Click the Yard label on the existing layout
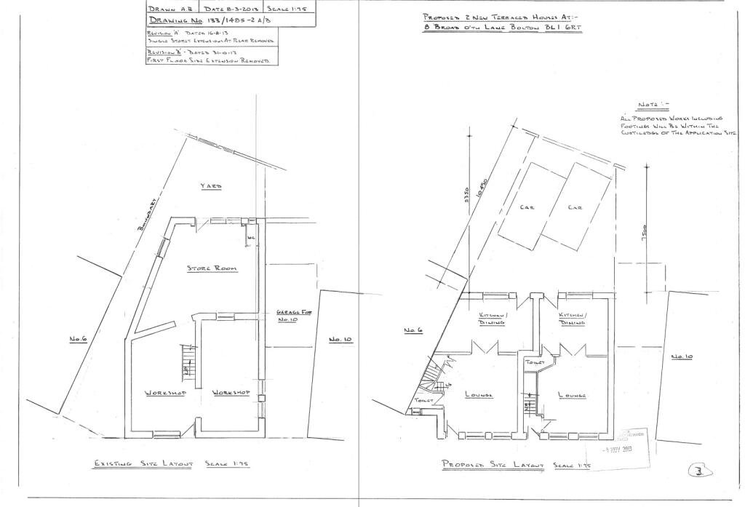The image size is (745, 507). click(212, 187)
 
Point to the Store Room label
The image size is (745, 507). click(212, 268)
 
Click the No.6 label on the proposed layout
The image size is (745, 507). click(414, 331)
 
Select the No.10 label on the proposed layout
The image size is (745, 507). click(680, 356)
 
